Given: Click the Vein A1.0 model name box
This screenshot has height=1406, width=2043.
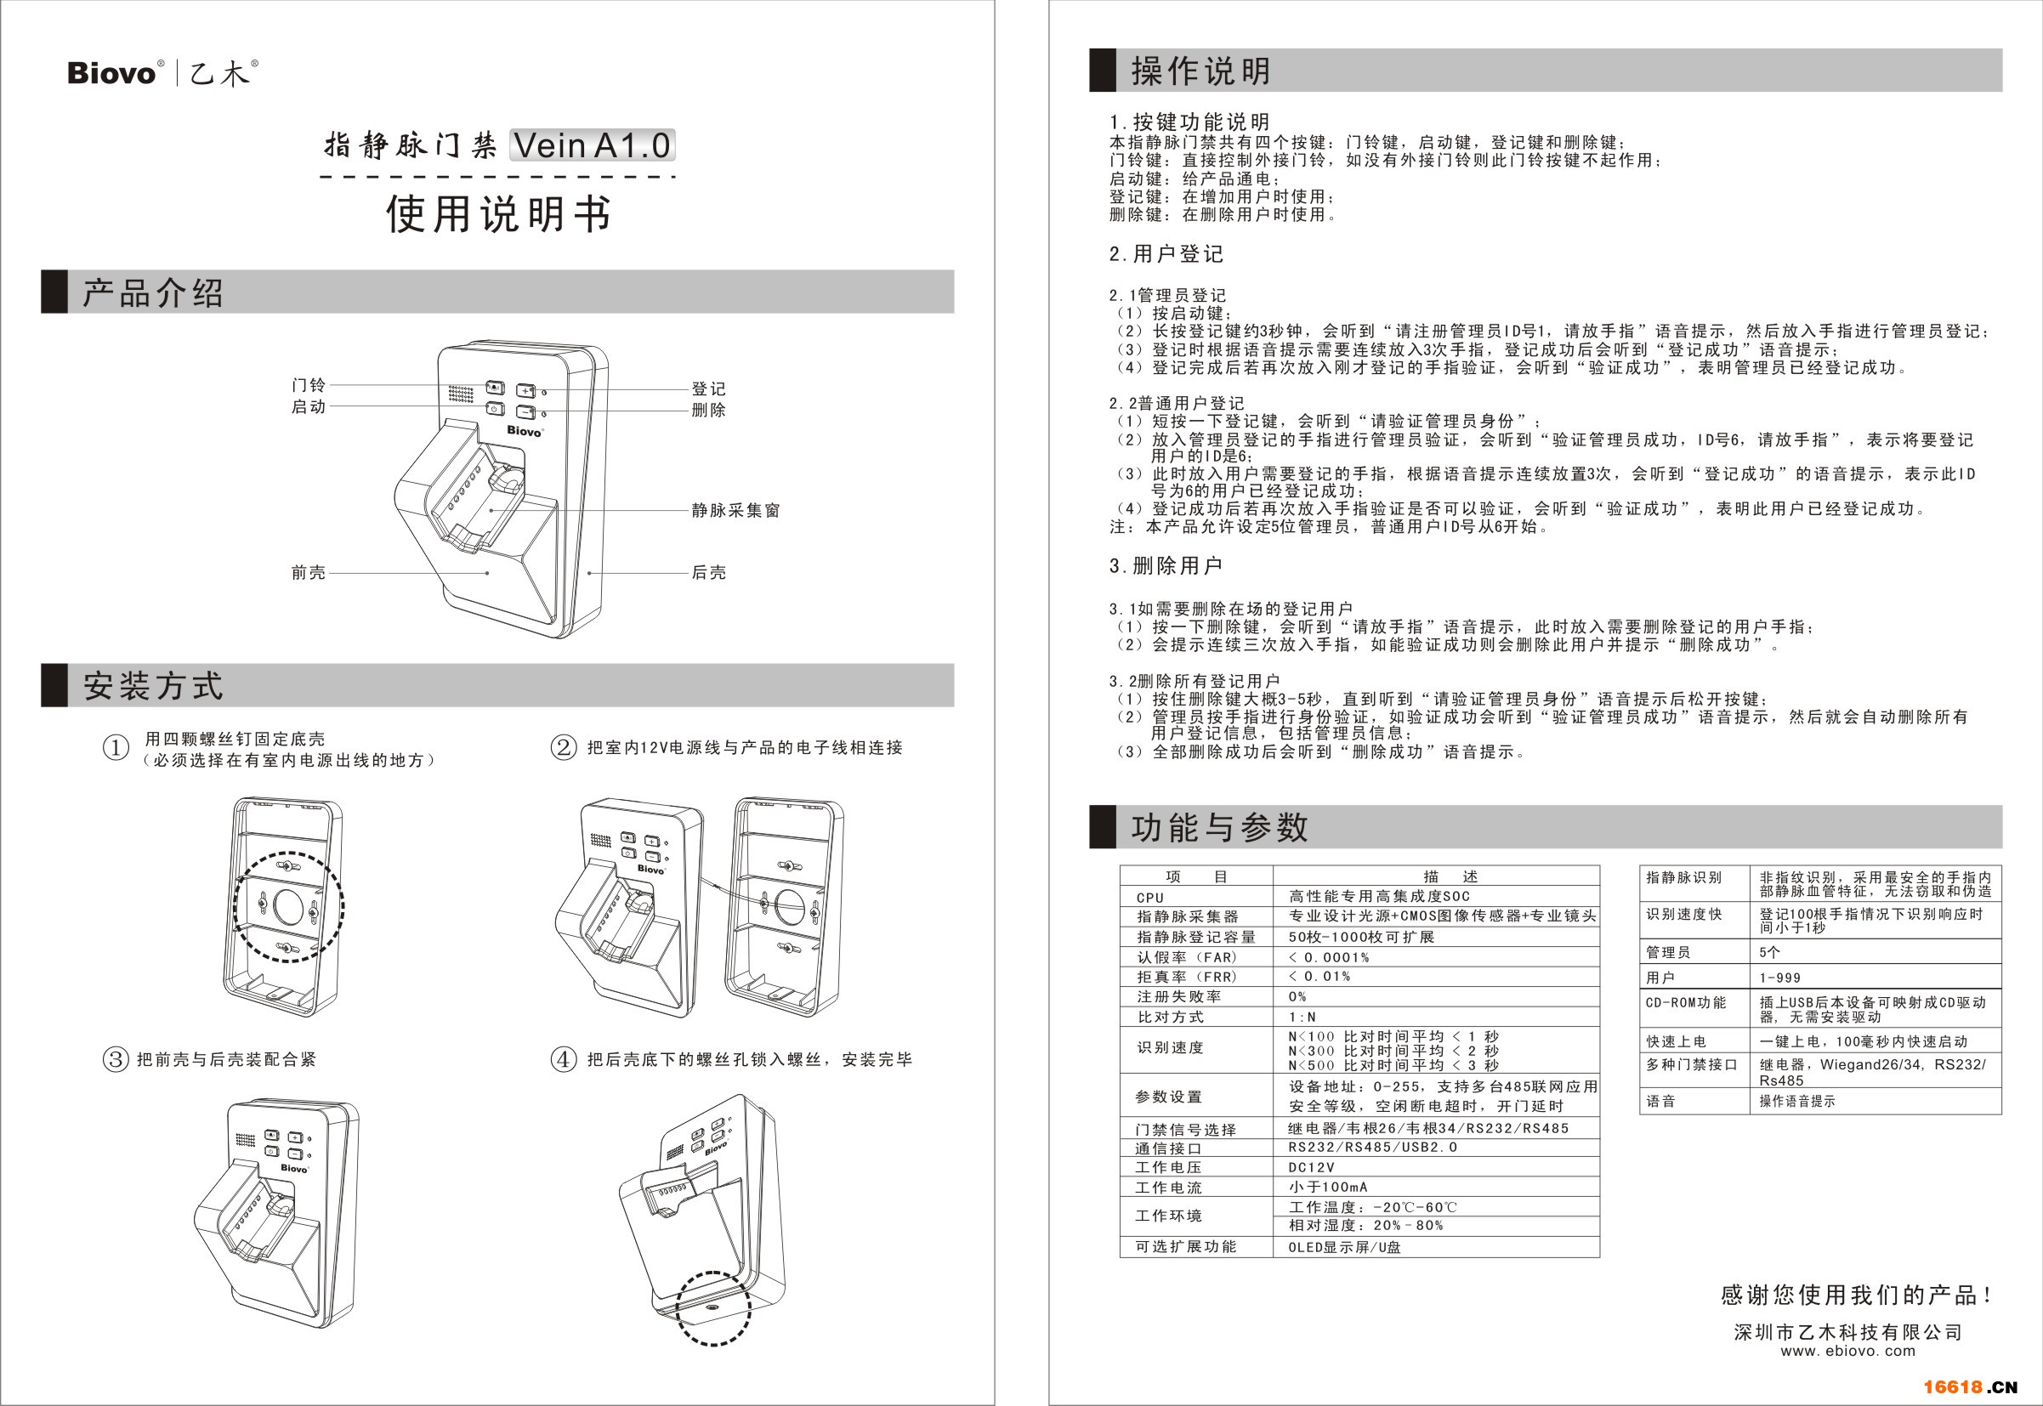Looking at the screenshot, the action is point(592,145).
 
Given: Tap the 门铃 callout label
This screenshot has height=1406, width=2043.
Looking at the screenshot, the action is point(309,385).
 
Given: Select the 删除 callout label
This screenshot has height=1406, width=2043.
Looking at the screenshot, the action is point(708,410).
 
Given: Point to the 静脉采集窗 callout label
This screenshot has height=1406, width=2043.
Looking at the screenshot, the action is point(735,510).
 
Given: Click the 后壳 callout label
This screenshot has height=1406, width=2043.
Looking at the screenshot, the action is point(708,573).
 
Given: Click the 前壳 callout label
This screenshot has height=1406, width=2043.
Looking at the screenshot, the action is point(309,573).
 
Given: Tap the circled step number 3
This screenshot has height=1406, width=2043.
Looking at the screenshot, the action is point(116,1059).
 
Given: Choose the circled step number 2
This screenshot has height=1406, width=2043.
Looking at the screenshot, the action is point(564,748).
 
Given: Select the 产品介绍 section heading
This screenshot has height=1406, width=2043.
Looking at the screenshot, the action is point(153,292).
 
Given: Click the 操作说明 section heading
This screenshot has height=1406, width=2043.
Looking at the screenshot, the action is point(1201,71).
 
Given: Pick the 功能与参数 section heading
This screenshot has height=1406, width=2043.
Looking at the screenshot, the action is point(1220,827).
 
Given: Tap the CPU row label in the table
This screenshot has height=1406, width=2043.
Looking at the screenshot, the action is point(1149,898).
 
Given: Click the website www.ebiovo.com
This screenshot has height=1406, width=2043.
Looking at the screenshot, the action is point(1848,1352).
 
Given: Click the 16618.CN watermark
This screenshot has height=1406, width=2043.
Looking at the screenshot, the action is point(1970,1386).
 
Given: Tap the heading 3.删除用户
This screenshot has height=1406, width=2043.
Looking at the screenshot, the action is point(1166,565).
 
